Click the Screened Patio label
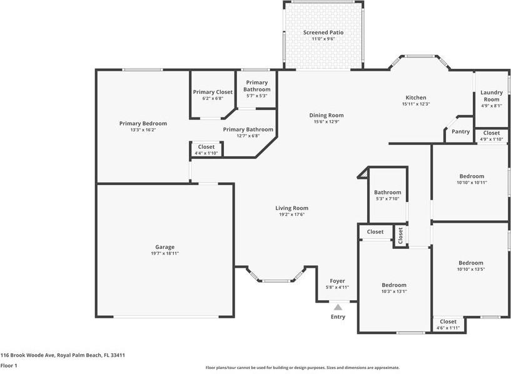click(x=323, y=33)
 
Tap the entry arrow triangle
click(x=338, y=307)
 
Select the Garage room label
click(x=165, y=247)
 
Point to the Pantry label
click(x=460, y=131)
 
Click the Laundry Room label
click(x=491, y=96)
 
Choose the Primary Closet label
click(x=213, y=92)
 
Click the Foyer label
click(x=337, y=281)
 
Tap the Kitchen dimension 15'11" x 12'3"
click(x=416, y=104)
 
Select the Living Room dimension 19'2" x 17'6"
click(x=291, y=215)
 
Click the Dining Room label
click(x=326, y=115)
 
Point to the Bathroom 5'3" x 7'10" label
click(x=387, y=193)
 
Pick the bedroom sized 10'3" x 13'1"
click(x=394, y=285)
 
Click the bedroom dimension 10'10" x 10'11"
click(x=471, y=183)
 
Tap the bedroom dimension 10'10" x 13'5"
click(x=471, y=269)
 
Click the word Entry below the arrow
click(x=338, y=317)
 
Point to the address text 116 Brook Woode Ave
click(x=63, y=355)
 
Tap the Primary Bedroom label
click(x=143, y=123)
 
